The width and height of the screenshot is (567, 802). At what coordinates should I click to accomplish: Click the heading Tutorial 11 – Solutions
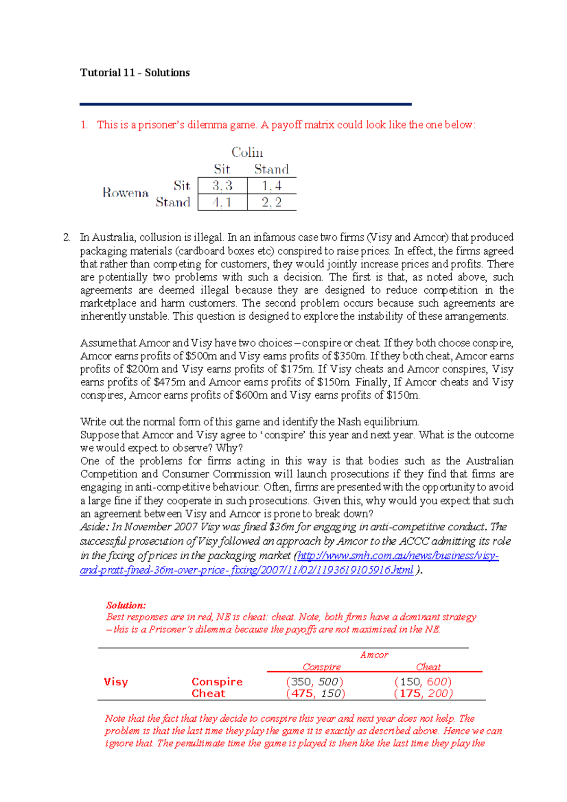coord(135,73)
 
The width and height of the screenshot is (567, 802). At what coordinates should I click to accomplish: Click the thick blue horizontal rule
coord(246,104)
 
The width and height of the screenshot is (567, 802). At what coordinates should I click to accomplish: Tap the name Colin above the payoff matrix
coord(247,153)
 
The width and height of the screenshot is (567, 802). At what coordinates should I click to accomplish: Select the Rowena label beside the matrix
coord(125,193)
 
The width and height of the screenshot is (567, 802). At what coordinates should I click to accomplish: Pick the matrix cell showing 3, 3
coord(222,186)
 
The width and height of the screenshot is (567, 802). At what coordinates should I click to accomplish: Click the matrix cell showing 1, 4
coord(272,186)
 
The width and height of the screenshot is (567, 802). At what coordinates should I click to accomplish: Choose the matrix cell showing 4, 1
coord(222,202)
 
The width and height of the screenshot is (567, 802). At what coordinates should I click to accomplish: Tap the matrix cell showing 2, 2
coord(272,202)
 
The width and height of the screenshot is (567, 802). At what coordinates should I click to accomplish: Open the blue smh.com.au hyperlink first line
coord(398,555)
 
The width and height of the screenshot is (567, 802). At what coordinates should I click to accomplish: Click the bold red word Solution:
coord(126,605)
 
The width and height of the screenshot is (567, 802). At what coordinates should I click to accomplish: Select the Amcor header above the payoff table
coord(374,655)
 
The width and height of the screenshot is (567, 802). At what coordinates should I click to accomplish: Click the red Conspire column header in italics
coord(322,667)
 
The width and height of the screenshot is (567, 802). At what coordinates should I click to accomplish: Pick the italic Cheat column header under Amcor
coord(428,667)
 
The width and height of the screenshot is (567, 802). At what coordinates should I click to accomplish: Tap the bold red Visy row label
coord(116,682)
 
